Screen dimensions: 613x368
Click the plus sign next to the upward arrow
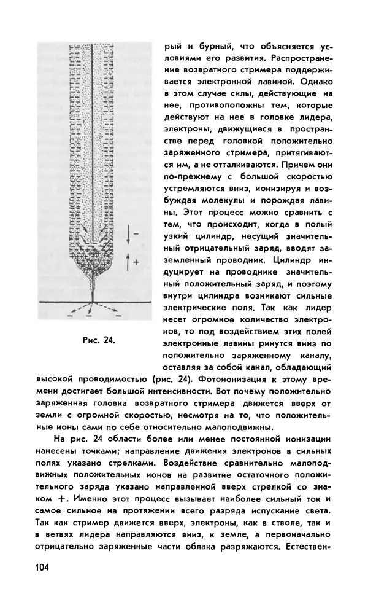coord(136,260)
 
